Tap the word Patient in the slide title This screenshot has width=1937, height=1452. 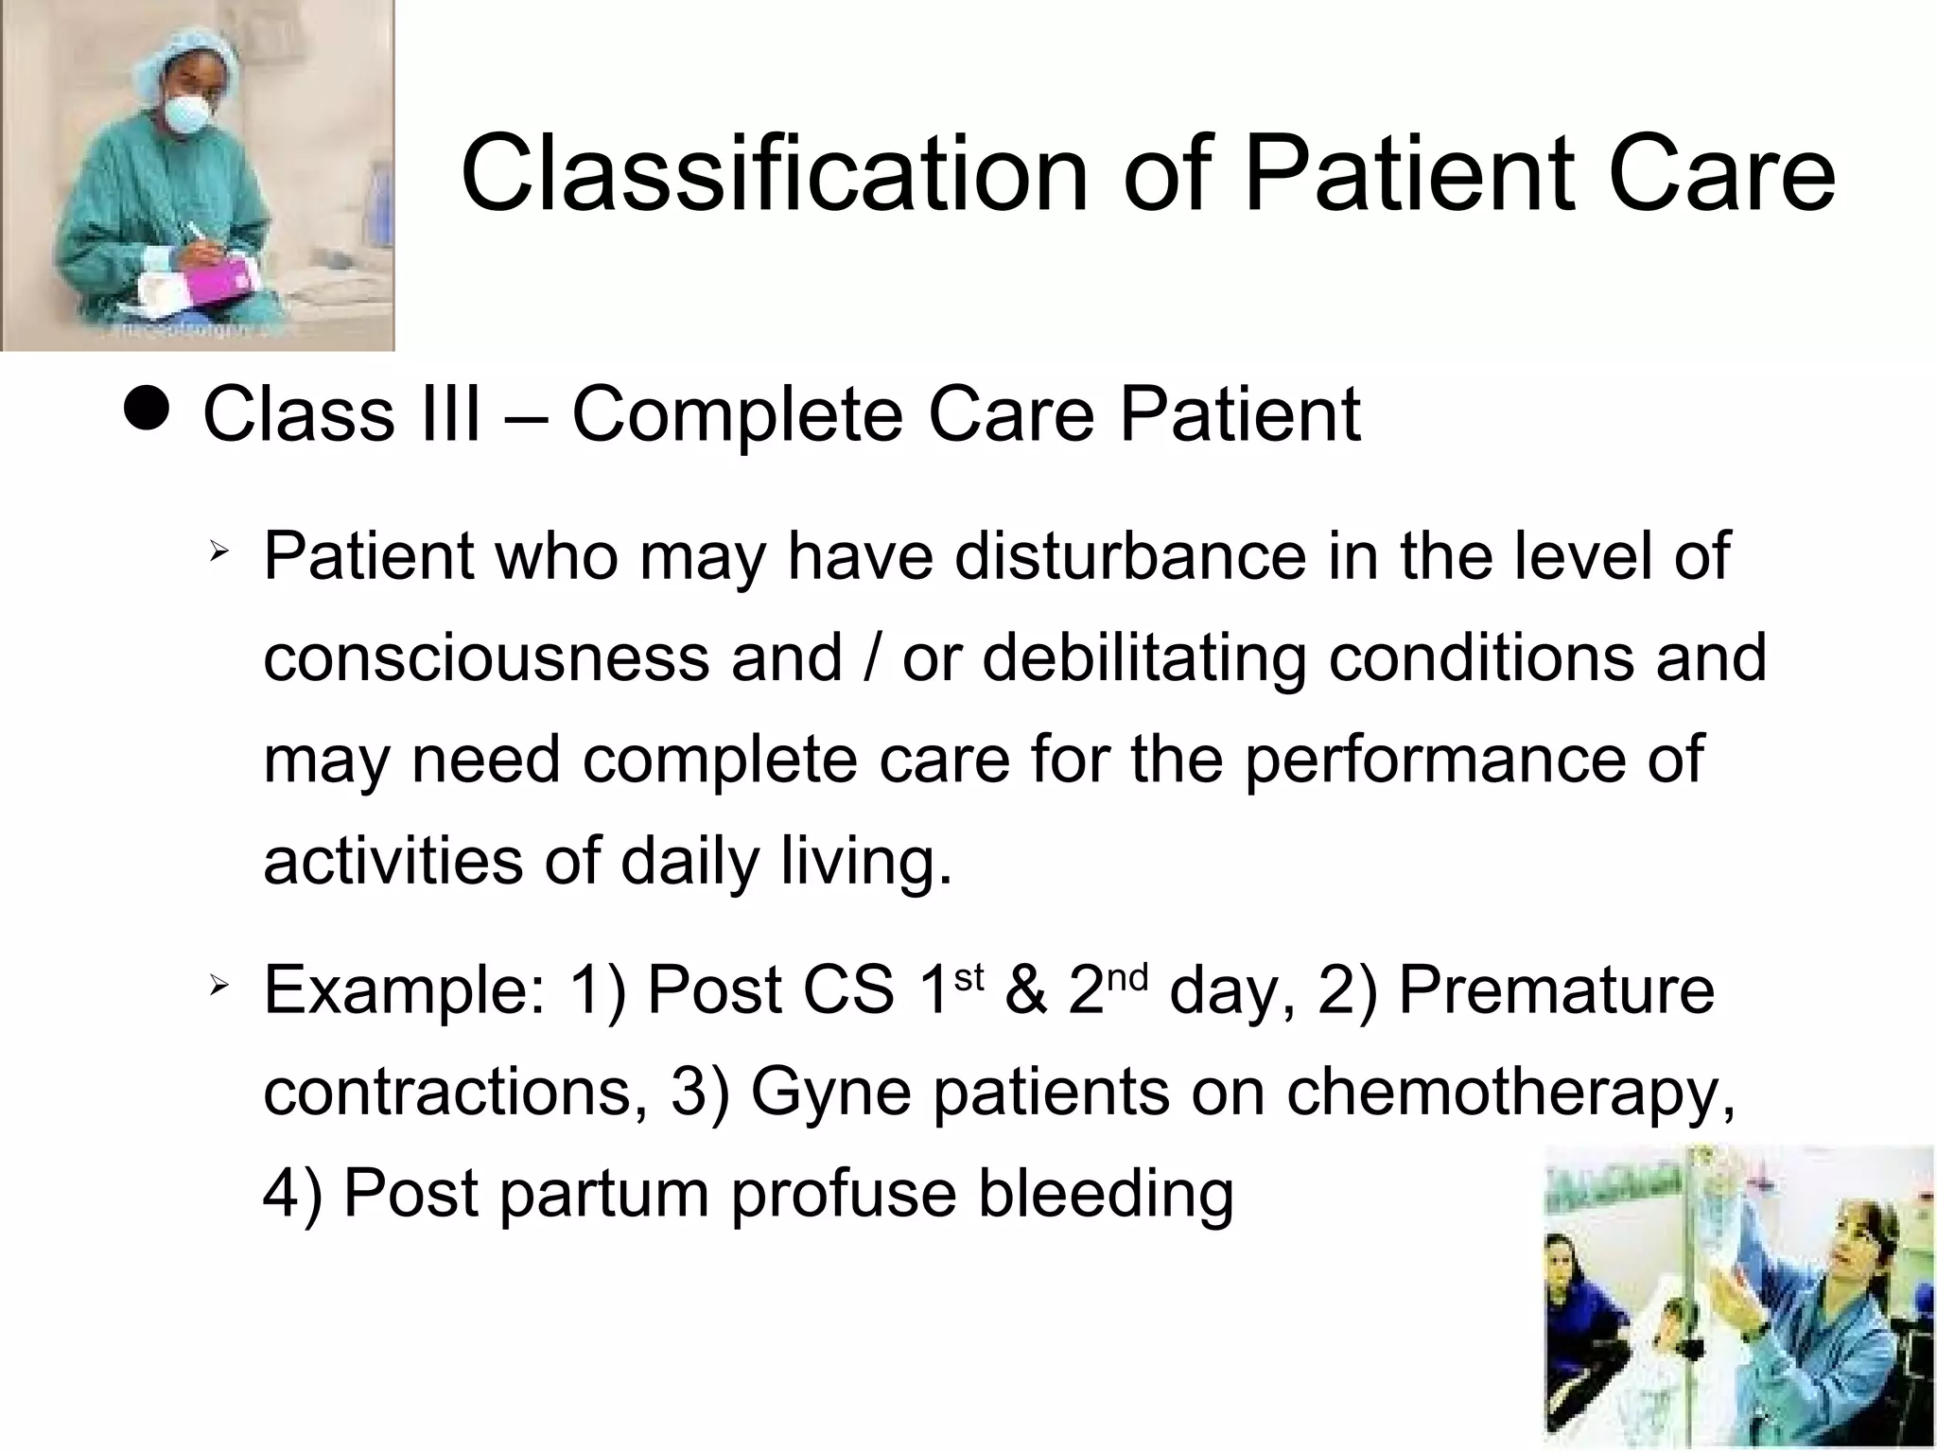[x=1409, y=175]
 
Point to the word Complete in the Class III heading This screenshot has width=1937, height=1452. [x=737, y=415]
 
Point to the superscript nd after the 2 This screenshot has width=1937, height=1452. [x=1126, y=975]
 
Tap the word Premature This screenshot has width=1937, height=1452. [x=1556, y=990]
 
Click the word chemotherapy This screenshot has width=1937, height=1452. [x=1510, y=1093]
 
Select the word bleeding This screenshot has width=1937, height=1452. [x=1106, y=1193]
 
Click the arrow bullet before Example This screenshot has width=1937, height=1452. [x=218, y=987]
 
